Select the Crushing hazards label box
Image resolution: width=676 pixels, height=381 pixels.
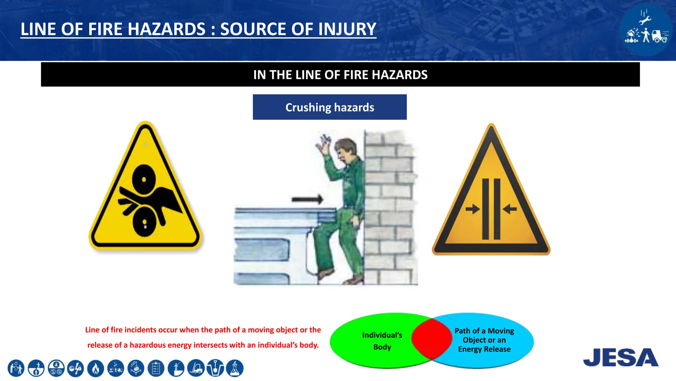[x=329, y=107]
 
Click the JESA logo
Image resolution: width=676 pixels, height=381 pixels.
[x=621, y=357]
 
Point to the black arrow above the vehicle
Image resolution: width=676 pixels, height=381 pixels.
[x=307, y=199]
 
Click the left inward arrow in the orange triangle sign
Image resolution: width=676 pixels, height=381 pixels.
[x=473, y=209]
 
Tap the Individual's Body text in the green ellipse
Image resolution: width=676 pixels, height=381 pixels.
[x=382, y=341]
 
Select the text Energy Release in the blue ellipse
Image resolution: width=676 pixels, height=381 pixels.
[x=484, y=349]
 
